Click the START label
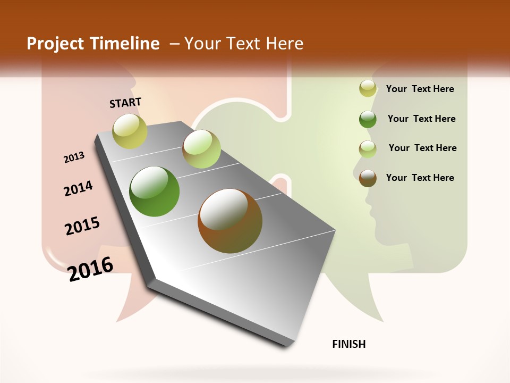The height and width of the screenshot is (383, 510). point(125,103)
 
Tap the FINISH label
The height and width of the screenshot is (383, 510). point(349,344)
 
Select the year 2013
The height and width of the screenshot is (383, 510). point(74,157)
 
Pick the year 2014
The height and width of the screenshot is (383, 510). point(79,188)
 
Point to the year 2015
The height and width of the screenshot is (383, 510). point(82,226)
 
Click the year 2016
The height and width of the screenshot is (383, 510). point(90,269)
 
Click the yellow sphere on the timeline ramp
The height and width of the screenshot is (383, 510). point(130,131)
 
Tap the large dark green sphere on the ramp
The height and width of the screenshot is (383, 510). point(155,191)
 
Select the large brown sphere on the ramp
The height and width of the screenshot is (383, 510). point(230,220)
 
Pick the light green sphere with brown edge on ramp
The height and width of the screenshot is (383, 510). point(201,149)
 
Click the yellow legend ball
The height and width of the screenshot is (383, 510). point(368,89)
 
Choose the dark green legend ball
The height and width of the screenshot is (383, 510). point(368,119)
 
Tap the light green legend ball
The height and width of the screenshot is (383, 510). point(368,149)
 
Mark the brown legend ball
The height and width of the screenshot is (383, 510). point(368,178)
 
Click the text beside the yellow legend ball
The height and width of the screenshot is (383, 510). point(420,89)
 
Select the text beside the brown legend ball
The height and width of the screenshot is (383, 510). point(420,178)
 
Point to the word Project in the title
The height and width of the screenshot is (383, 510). point(55,44)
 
